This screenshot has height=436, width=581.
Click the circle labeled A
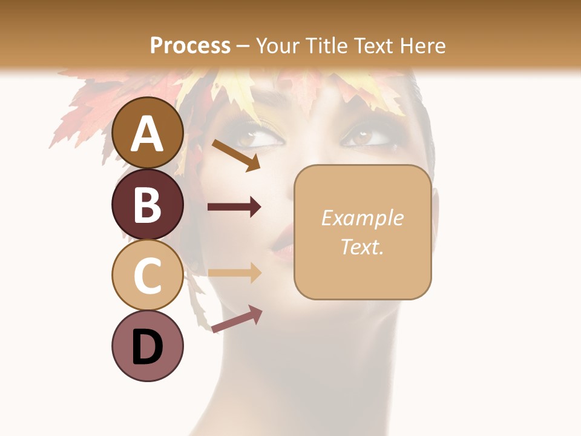[148, 133]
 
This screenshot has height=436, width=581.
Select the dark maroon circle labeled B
[148, 204]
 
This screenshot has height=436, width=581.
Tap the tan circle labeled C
[148, 275]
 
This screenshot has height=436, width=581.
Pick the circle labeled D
[148, 346]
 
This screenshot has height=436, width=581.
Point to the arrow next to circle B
[234, 207]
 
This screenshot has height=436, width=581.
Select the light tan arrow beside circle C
[234, 272]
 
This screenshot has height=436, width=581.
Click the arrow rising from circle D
[237, 319]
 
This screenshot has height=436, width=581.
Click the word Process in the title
[190, 46]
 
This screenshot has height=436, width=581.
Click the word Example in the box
[363, 218]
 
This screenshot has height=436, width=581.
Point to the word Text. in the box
[363, 246]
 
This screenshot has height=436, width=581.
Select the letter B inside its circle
[148, 205]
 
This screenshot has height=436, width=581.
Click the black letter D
[148, 347]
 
